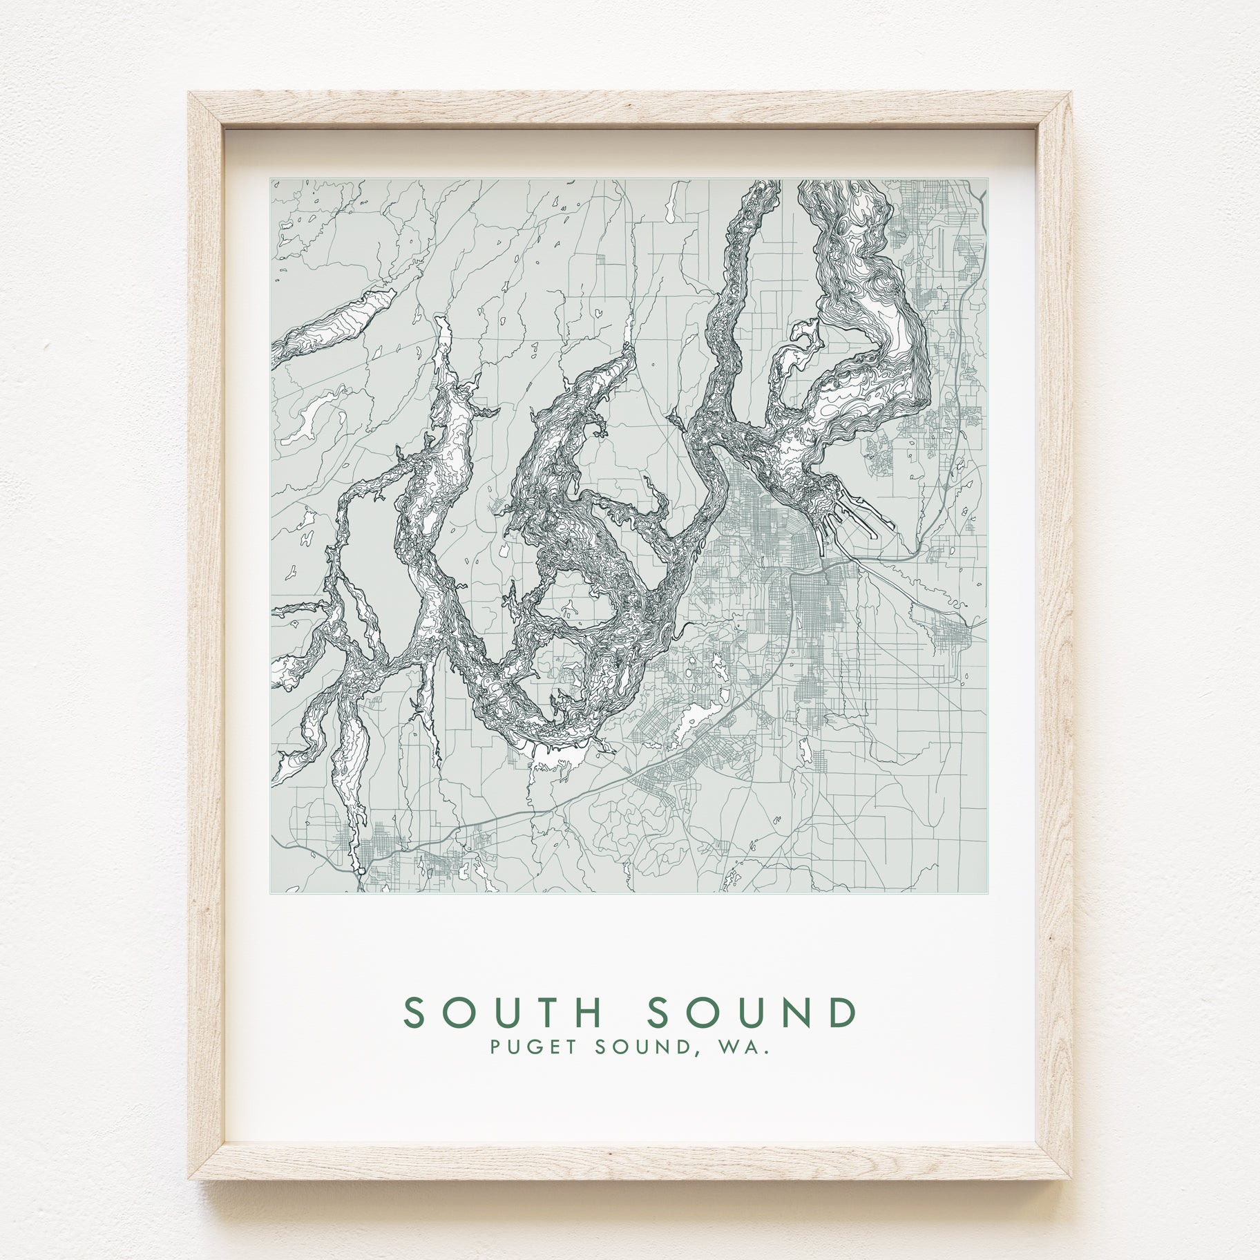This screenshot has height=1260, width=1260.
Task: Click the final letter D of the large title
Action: (x=843, y=1014)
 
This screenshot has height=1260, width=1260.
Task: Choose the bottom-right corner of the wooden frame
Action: (x=1070, y=1178)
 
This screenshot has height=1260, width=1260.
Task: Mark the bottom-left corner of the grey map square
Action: (x=271, y=892)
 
